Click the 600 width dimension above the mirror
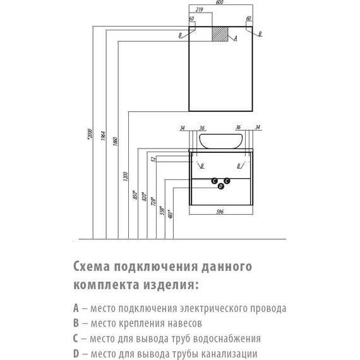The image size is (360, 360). [x=219, y=3]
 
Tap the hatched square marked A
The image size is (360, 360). [x=220, y=35]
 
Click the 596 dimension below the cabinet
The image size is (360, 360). [x=220, y=212]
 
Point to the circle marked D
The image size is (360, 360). [x=220, y=186]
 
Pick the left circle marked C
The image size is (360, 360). [x=215, y=181]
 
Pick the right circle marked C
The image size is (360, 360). [x=227, y=181]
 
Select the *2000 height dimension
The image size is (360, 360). [x=89, y=134]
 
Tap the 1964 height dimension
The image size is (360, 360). [x=102, y=136]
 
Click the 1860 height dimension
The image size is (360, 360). [x=114, y=140]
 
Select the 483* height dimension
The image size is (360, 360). [x=171, y=213]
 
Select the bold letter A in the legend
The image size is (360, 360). [x=76, y=309]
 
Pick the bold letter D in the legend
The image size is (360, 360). [x=76, y=354]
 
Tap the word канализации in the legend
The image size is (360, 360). [x=231, y=354]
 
